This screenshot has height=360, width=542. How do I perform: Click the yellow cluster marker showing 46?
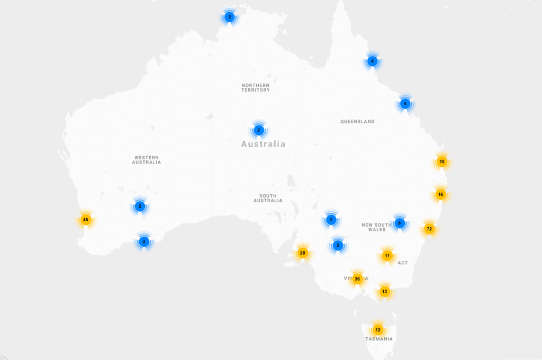86,219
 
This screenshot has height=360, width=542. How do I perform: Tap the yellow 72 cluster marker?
429,229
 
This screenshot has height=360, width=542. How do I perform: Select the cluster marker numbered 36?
357,279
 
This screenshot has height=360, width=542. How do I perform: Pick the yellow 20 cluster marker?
302,253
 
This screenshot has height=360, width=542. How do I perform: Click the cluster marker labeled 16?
440,194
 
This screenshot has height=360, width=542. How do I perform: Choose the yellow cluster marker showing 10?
442,161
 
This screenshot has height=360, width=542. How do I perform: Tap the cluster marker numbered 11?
387,256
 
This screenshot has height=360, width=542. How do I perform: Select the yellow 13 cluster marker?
384,292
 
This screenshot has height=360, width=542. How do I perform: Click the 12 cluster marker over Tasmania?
377,329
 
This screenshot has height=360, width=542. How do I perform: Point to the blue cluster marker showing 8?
400,223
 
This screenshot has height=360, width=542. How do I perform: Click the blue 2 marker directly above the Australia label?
258,130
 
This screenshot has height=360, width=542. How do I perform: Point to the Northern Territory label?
256,88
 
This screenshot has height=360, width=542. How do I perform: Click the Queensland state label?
357,122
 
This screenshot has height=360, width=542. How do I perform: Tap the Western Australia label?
147,160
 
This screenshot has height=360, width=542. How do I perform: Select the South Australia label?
268,199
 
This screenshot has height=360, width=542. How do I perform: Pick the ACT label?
403,263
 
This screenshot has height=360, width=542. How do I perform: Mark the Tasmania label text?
379,339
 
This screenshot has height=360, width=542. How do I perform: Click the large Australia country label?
263,144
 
